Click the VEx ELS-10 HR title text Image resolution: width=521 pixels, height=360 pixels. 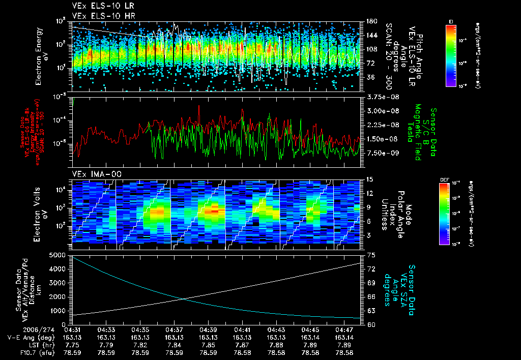[x=99, y=16]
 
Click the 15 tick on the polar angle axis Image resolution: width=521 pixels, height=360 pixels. [x=369, y=179]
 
